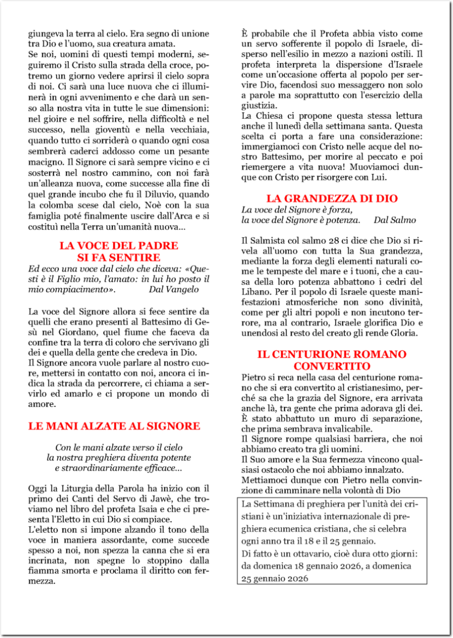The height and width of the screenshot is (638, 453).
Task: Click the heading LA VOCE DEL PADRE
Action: (x=118, y=246)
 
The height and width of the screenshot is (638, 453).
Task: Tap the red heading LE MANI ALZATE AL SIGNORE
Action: (x=114, y=426)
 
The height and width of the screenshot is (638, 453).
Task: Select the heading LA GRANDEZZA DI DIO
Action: (x=332, y=199)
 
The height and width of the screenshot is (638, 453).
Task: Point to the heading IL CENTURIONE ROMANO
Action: (x=332, y=355)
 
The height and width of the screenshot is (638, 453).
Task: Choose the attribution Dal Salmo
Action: (x=395, y=220)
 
